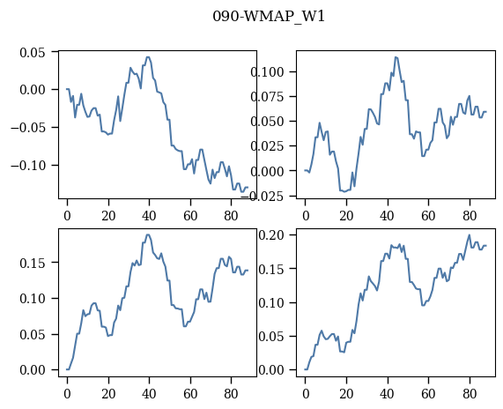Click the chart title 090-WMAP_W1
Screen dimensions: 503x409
pyautogui.click(x=269, y=17)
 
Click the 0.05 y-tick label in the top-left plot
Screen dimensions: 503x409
pyautogui.click(x=33, y=52)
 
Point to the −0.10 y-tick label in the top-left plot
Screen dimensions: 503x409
pyautogui.click(x=28, y=166)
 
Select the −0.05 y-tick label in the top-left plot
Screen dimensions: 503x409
pyautogui.click(x=28, y=128)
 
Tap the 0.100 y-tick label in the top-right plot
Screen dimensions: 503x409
pyautogui.click(x=267, y=71)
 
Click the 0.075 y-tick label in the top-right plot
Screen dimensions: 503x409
pyautogui.click(x=267, y=96)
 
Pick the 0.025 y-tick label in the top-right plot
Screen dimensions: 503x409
pyautogui.click(x=267, y=146)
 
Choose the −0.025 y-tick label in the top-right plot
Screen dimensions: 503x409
pyautogui.click(x=266, y=196)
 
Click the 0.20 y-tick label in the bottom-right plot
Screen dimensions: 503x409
pyautogui.click(x=271, y=235)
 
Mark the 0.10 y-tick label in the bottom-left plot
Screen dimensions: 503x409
pyautogui.click(x=33, y=298)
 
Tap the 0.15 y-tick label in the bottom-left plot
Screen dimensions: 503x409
pyautogui.click(x=33, y=263)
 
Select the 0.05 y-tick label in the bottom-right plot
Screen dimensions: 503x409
pyautogui.click(x=271, y=337)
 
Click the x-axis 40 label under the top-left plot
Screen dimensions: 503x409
pyautogui.click(x=149, y=215)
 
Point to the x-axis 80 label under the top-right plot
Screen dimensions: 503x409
pyautogui.click(x=470, y=215)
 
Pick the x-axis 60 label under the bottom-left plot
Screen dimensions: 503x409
pyautogui.click(x=190, y=394)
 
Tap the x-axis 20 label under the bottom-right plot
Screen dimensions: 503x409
pyautogui.click(x=346, y=394)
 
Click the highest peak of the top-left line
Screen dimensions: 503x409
pyautogui.click(x=148, y=57)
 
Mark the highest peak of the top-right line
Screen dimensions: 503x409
pyautogui.click(x=396, y=57)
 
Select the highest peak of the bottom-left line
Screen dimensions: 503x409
pyautogui.click(x=148, y=234)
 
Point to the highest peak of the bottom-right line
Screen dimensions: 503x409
pyautogui.click(x=469, y=234)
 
